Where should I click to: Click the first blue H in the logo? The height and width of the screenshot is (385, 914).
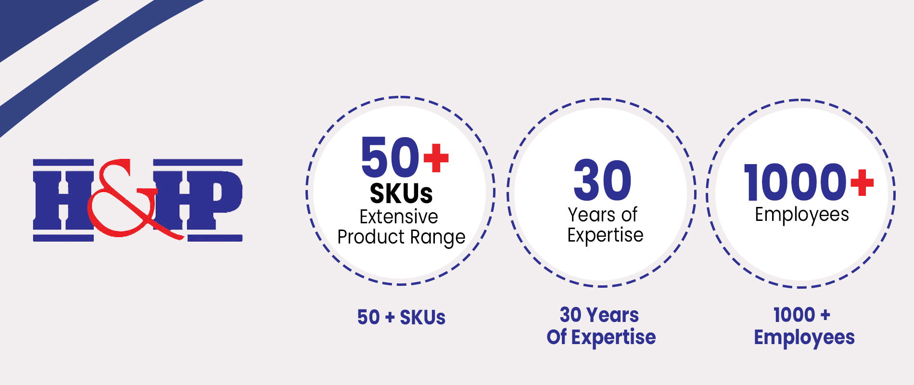click(63, 200)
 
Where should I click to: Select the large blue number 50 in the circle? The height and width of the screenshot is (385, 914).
click(391, 157)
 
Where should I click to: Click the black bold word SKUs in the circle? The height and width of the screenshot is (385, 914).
click(401, 193)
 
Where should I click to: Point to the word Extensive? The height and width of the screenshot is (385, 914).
click(399, 217)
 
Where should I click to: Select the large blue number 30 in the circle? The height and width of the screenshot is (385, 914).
click(602, 180)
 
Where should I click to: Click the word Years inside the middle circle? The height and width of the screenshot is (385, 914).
click(591, 215)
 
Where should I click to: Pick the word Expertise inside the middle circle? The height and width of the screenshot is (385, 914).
click(605, 236)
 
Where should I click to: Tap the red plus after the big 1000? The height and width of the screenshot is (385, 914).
click(862, 182)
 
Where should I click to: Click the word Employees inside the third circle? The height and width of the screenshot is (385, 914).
click(802, 215)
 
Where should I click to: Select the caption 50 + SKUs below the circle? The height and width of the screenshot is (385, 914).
click(401, 318)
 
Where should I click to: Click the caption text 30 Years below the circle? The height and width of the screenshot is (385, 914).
click(599, 315)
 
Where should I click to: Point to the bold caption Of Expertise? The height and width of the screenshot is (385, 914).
click(601, 337)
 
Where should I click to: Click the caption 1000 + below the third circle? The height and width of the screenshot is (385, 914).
click(802, 315)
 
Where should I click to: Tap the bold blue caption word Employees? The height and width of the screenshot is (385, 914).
click(804, 338)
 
